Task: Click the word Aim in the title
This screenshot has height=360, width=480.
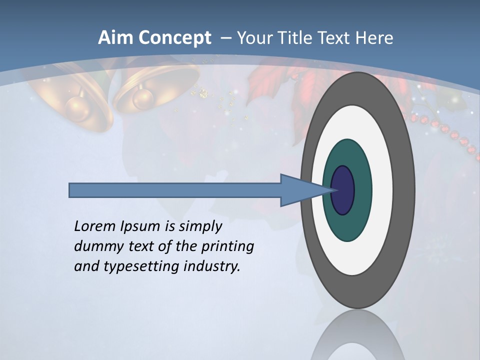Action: coord(115,38)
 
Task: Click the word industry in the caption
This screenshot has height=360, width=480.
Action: coord(212,266)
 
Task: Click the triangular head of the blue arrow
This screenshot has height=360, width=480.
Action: coord(300,190)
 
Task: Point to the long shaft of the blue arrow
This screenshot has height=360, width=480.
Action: coord(175,190)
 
